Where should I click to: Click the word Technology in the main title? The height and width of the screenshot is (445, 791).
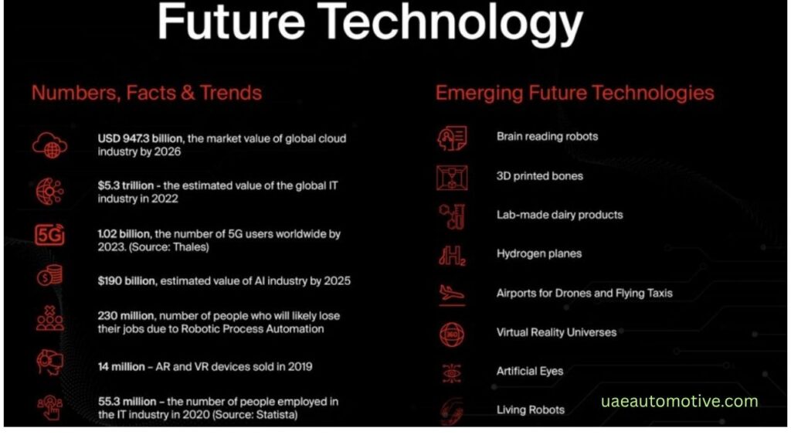(x=450, y=22)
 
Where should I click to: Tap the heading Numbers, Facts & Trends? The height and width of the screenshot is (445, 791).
(x=147, y=93)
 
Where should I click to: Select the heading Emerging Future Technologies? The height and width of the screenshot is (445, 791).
(x=575, y=93)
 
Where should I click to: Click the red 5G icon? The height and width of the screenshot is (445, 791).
(x=49, y=235)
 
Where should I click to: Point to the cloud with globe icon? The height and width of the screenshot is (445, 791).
(x=49, y=145)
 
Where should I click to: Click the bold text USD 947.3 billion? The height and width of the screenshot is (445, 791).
(x=141, y=139)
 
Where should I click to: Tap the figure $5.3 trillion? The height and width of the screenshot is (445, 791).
(x=126, y=185)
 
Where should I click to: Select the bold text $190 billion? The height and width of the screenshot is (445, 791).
(x=127, y=281)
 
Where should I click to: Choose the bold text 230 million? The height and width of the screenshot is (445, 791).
(x=126, y=316)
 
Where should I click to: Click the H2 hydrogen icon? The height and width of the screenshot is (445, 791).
(x=452, y=256)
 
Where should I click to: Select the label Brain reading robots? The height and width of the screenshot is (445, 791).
(x=548, y=137)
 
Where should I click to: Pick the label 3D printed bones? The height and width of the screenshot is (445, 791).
(x=540, y=176)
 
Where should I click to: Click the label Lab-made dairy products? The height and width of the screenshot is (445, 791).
(x=559, y=215)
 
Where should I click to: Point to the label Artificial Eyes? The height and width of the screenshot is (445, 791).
(x=530, y=372)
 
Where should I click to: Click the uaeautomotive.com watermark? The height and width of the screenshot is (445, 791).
(x=680, y=402)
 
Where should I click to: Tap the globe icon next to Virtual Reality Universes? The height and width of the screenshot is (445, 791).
(x=451, y=335)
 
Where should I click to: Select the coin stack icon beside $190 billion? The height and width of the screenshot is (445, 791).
(x=49, y=276)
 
